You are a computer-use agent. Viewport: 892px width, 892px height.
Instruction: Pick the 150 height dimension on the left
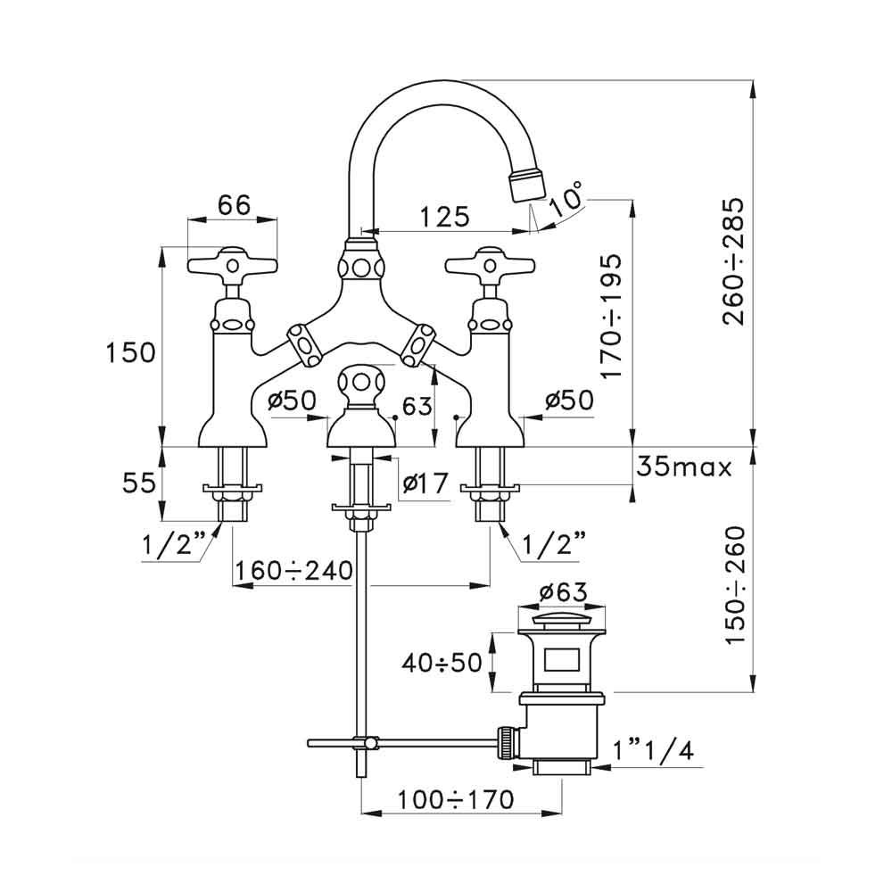(x=131, y=352)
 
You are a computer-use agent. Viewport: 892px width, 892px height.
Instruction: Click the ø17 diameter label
(x=424, y=484)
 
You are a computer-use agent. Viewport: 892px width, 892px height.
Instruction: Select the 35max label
(x=684, y=467)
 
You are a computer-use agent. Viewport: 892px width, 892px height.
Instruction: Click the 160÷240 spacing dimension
(x=293, y=569)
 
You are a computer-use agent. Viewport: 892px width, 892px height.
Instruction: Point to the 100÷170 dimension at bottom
(x=456, y=800)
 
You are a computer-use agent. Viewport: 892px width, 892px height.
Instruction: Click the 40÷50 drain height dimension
(x=440, y=662)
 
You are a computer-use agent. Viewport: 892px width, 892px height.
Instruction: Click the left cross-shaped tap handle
(x=232, y=265)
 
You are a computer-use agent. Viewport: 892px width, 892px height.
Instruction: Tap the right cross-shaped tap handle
(x=490, y=264)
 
